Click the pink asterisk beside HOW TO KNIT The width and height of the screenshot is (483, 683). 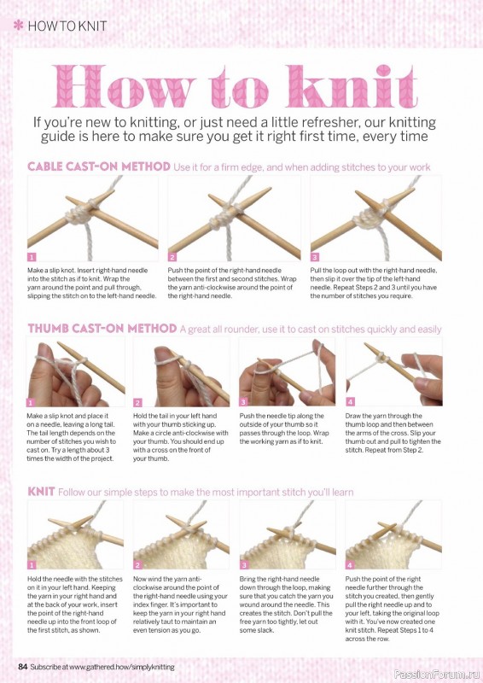[x=19, y=26]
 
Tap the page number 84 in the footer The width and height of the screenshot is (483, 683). [x=23, y=667]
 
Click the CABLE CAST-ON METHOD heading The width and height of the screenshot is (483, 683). [x=99, y=166]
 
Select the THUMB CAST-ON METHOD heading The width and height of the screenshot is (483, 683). [x=102, y=329]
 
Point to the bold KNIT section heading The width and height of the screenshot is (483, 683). [x=41, y=492]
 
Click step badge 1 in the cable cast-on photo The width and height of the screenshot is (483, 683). [x=32, y=257]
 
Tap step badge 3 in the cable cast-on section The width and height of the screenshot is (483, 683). [x=314, y=257]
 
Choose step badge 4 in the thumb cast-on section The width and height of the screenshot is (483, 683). [x=350, y=401]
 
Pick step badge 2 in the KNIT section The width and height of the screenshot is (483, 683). [x=137, y=565]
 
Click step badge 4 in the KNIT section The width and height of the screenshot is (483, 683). [x=350, y=565]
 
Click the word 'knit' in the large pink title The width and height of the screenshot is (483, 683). [x=352, y=86]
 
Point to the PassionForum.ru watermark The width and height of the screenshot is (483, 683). [x=436, y=674]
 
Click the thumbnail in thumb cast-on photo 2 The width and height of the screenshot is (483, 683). [x=162, y=353]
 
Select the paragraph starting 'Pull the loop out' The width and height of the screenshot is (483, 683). [x=374, y=283]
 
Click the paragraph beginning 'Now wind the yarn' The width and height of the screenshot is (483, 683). [x=180, y=604]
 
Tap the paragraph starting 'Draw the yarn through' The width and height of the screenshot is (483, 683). [x=393, y=433]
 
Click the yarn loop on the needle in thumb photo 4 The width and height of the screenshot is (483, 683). [x=383, y=358]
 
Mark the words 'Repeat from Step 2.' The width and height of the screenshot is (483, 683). [x=394, y=450]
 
